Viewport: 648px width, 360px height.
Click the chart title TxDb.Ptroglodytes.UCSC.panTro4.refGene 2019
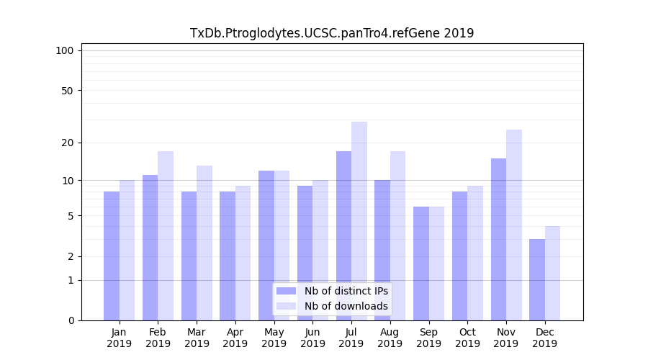pos(332,33)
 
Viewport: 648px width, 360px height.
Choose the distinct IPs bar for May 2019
pos(266,246)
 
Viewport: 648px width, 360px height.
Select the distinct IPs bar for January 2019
pos(112,256)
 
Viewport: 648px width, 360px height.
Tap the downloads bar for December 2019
pos(553,273)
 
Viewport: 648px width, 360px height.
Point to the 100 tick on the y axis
pos(65,50)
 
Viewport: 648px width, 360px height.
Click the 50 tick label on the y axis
pos(67,91)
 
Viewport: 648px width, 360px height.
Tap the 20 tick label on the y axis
pos(67,143)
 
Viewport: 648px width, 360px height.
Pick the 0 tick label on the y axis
pos(71,320)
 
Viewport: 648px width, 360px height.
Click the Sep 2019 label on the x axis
pos(428,338)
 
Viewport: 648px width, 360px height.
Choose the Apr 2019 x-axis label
pos(235,338)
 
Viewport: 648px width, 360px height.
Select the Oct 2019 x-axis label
pos(467,338)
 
